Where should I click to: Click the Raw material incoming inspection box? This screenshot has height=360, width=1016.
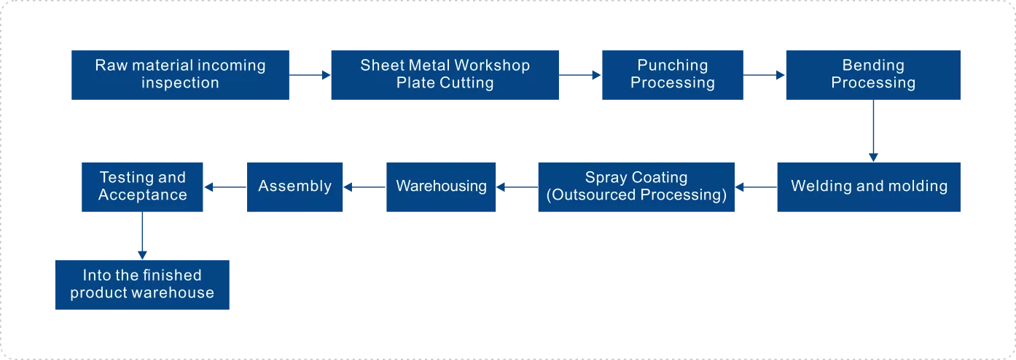(180, 75)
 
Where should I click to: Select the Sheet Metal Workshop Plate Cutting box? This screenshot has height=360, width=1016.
(445, 75)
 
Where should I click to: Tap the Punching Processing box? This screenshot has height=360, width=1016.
(673, 75)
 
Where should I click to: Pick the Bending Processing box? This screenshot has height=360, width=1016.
(873, 75)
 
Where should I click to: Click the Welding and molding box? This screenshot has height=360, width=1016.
(869, 187)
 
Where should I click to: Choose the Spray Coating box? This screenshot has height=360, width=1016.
(636, 187)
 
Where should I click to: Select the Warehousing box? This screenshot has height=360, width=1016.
(441, 187)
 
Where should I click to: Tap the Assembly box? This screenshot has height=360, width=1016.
(295, 187)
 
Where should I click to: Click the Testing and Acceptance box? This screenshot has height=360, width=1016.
(142, 187)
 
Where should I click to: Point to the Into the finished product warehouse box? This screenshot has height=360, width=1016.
(142, 285)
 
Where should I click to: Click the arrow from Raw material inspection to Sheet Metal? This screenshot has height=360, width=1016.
(310, 75)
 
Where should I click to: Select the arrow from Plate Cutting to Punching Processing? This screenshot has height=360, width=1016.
(580, 75)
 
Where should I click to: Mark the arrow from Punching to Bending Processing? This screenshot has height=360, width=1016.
(765, 75)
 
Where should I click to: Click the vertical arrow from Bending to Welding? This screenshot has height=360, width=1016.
(873, 130)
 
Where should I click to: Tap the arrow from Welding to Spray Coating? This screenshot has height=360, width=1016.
(756, 187)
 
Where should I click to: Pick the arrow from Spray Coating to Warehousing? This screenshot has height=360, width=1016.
(517, 187)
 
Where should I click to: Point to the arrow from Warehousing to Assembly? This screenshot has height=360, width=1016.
(364, 187)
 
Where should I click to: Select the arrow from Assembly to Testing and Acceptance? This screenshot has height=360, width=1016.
(225, 187)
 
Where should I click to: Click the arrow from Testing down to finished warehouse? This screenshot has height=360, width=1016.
(142, 236)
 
